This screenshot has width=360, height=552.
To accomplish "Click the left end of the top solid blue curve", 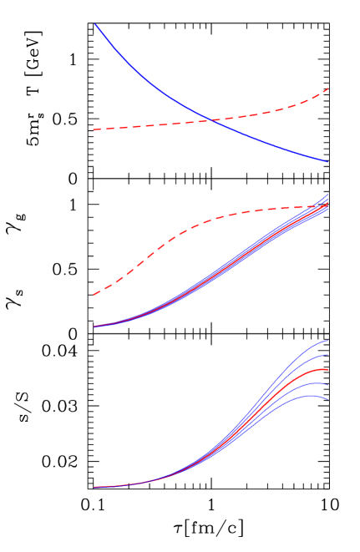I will (x=95, y=24).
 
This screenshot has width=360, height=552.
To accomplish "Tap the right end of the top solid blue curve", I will (x=327, y=162).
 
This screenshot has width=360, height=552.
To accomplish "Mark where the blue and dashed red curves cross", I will (x=210, y=120).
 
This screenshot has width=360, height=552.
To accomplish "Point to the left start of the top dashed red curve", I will (x=94, y=129).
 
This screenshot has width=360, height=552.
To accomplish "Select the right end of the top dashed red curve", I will (x=327, y=89).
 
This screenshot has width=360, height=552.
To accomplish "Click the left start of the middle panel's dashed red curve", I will (x=94, y=294).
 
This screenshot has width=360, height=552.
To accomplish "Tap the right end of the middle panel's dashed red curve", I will (x=327, y=205).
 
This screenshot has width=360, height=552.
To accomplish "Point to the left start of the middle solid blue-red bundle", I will (x=95, y=327).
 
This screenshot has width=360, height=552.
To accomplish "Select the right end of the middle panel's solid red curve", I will (x=327, y=203).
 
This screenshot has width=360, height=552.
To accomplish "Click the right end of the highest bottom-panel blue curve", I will (x=327, y=341).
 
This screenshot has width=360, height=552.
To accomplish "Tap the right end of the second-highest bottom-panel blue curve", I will (x=327, y=355).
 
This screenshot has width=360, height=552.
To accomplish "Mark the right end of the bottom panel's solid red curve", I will (x=327, y=369).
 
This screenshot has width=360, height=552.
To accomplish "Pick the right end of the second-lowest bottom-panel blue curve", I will (x=327, y=385).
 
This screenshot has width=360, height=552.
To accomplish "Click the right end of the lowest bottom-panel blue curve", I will (x=327, y=399).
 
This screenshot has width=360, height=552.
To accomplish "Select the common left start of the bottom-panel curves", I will (x=95, y=487).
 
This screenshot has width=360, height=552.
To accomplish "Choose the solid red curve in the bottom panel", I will (x=251, y=417).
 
